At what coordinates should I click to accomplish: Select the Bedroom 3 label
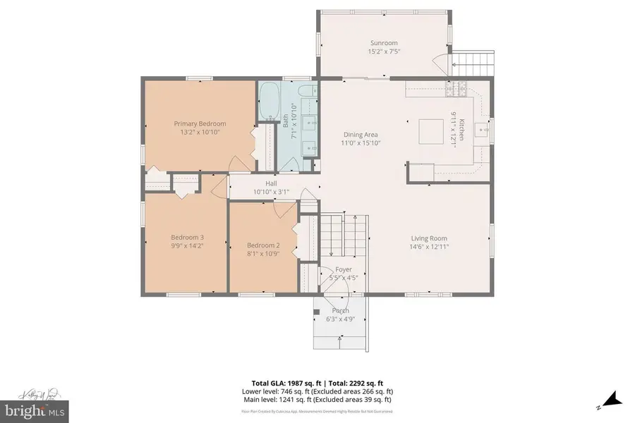(187, 237)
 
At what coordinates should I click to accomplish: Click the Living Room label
(428, 238)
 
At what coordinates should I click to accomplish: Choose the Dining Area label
(361, 135)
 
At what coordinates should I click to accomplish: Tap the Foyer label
(344, 269)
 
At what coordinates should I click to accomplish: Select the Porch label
(341, 310)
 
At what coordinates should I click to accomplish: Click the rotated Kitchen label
(461, 132)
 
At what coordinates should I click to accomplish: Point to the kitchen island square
(430, 131)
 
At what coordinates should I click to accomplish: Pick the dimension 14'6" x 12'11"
(428, 247)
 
